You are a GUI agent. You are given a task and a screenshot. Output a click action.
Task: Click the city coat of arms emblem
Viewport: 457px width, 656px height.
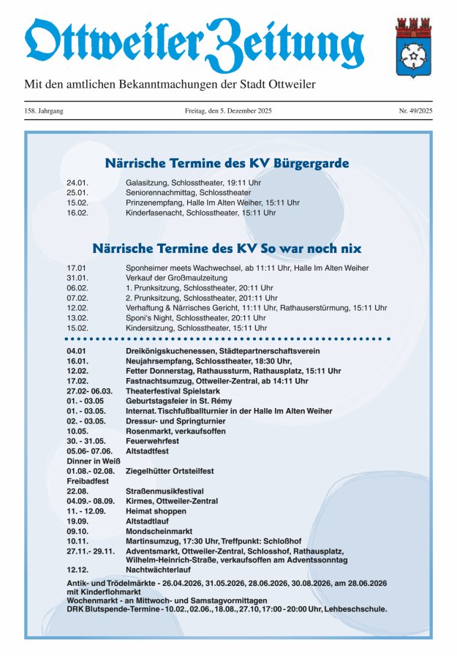click(413, 48)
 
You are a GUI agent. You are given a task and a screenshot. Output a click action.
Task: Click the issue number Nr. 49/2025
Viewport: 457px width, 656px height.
click(415, 110)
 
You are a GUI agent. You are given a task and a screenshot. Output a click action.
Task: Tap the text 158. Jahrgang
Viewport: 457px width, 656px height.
click(44, 110)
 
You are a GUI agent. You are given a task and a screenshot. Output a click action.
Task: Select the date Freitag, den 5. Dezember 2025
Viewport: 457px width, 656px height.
click(228, 110)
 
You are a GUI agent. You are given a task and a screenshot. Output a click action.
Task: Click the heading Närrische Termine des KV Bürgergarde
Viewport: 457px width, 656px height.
click(227, 163)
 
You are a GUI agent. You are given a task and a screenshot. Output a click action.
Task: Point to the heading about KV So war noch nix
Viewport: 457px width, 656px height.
click(227, 249)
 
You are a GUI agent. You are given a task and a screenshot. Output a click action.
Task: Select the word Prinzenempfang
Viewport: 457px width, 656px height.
click(152, 203)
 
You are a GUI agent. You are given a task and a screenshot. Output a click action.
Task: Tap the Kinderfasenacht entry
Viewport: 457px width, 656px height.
click(200, 213)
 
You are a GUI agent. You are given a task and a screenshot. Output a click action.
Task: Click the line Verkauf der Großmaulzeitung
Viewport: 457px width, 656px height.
click(176, 278)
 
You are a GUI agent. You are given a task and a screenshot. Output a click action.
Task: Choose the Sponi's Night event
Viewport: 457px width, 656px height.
click(199, 318)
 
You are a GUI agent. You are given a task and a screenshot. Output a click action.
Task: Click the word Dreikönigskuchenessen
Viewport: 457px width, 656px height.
click(167, 351)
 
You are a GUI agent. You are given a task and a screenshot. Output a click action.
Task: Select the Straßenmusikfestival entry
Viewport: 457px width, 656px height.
click(164, 491)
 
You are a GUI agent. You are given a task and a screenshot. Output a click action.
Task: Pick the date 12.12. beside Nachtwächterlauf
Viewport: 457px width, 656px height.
click(77, 569)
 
